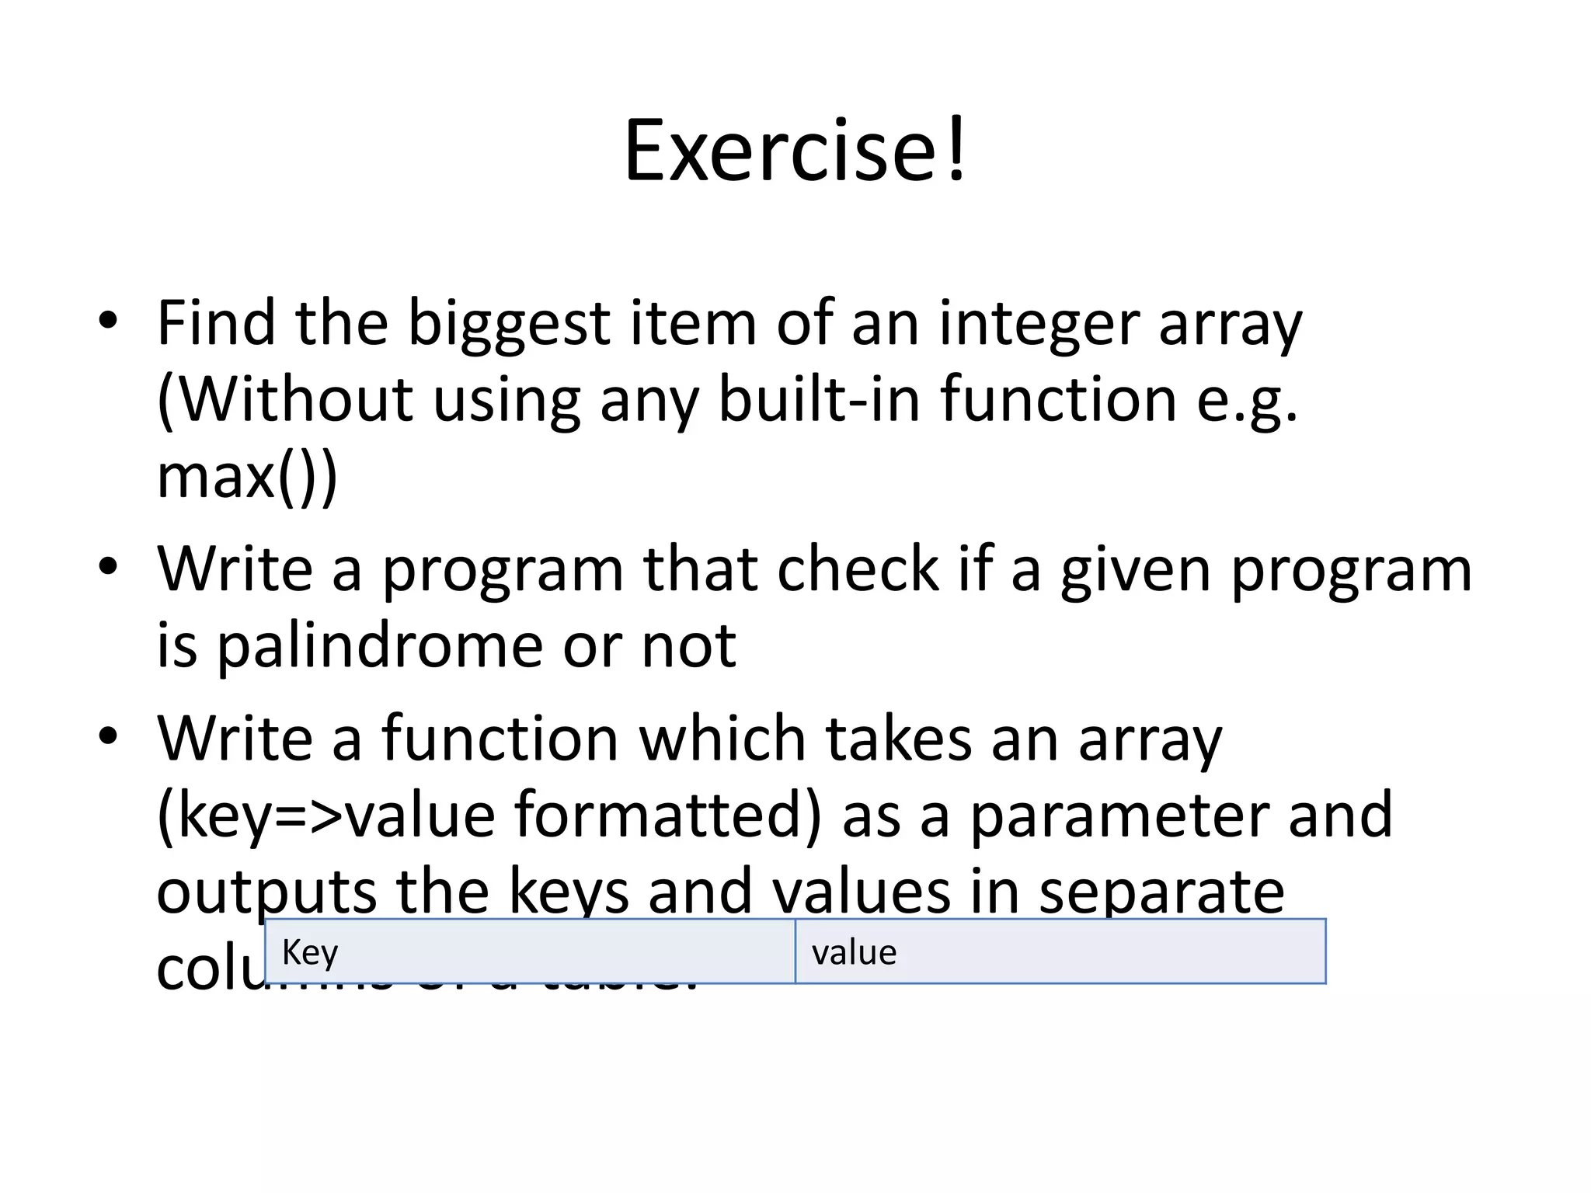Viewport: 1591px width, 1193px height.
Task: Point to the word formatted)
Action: pyautogui.click(x=667, y=815)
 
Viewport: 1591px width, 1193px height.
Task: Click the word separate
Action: pyautogui.click(x=1161, y=892)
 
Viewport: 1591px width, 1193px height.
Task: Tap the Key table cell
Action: pyautogui.click(x=530, y=951)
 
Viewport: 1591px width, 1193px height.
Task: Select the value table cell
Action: pyautogui.click(x=1060, y=951)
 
